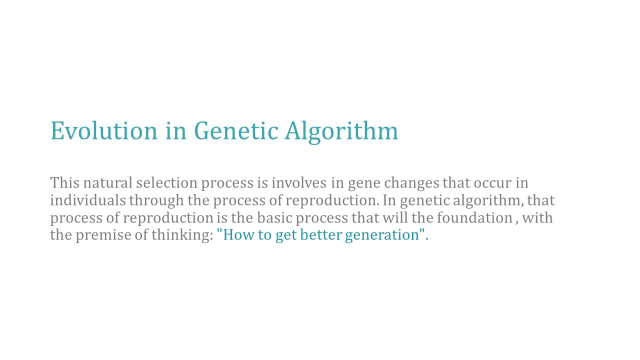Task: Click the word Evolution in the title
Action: coord(104,130)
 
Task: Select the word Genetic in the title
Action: coord(236,130)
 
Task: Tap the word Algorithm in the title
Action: coord(341,132)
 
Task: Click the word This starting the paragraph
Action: coord(65,182)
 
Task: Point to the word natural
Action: coord(107,182)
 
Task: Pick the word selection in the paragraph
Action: coord(166,182)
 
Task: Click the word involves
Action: coord(299,182)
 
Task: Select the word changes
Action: coord(411,183)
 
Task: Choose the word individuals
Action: coord(88,200)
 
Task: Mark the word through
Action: coord(156,201)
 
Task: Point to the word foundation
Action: coord(474,217)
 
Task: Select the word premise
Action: coord(103,236)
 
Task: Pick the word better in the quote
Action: coord(321,235)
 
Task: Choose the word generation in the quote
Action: coord(382,236)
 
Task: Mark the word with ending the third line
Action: coord(537,217)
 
